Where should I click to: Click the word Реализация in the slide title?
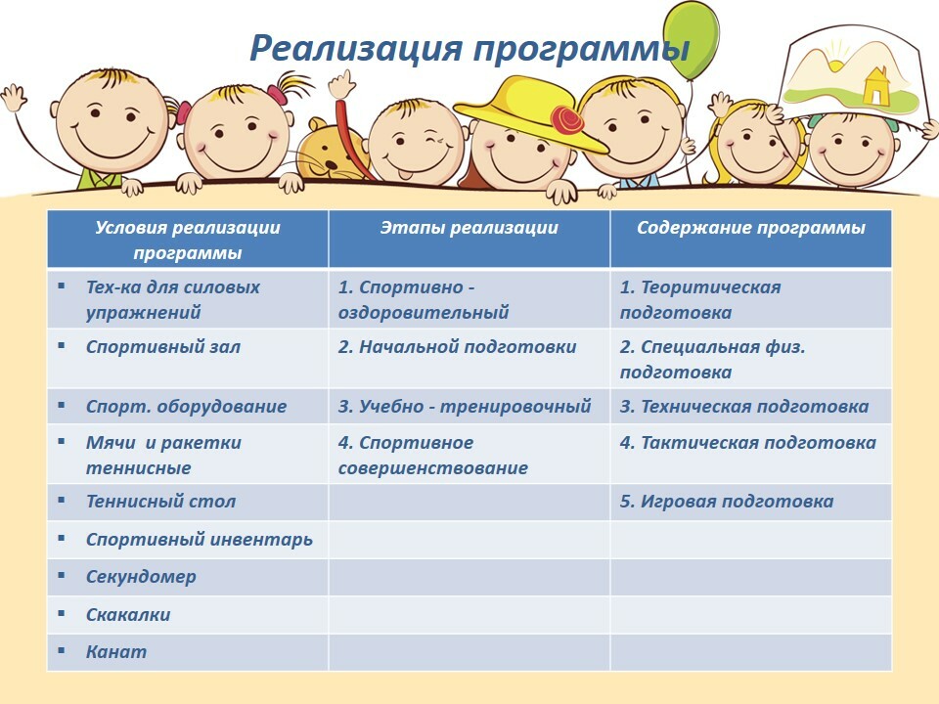pos(356,48)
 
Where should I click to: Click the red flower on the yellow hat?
pos(566,119)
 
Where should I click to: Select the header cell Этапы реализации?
pos(469,239)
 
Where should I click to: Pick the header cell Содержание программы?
pos(751,239)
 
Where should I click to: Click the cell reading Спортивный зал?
pos(188,358)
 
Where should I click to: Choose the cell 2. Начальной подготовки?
pos(469,358)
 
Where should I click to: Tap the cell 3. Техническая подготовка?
pos(751,407)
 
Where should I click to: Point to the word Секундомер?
pos(141,577)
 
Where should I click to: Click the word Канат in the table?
pos(116,651)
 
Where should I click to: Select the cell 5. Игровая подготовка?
pos(751,502)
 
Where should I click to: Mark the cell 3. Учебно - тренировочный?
pos(469,407)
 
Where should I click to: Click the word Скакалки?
pos(128,615)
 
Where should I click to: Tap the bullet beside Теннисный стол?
pos(61,500)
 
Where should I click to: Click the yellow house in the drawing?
pos(874,85)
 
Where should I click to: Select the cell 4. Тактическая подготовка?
pos(751,454)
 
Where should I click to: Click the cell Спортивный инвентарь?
pos(188,540)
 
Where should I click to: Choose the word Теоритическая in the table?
pos(710,287)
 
